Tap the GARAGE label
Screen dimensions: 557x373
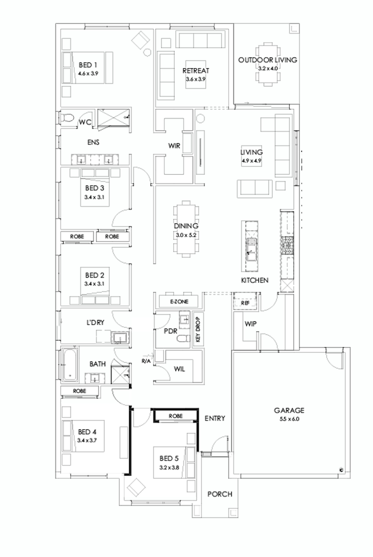coord(289,410)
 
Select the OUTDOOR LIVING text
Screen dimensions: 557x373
coord(267,60)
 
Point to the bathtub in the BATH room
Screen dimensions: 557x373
coord(69,365)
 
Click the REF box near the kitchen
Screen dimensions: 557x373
coord(245,303)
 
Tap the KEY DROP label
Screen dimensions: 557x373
coord(197,328)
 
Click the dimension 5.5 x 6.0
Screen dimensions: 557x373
coord(289,419)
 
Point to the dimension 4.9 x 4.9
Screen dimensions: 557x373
coord(251,160)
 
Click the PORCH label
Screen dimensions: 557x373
coord(220,494)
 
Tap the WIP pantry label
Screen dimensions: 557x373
coord(250,324)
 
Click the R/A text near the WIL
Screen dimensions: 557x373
coord(146,361)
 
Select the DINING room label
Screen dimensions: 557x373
coord(185,226)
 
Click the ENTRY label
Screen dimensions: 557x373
coord(215,418)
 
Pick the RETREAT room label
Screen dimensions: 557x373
coord(195,70)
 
